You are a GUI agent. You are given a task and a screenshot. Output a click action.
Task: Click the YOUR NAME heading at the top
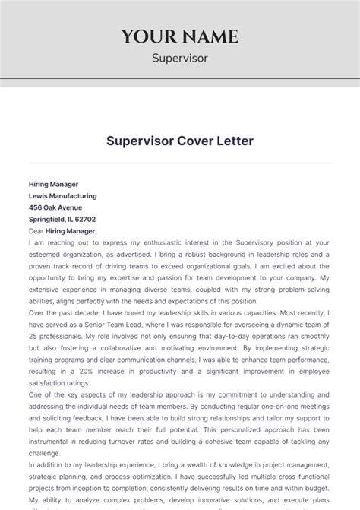(x=179, y=36)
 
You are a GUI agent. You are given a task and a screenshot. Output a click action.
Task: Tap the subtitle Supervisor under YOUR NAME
(x=179, y=57)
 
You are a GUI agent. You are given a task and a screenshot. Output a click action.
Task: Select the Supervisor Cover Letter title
(x=180, y=141)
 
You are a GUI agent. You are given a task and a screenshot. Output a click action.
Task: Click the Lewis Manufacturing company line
(x=62, y=195)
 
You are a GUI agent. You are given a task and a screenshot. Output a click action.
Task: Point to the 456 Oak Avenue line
(x=55, y=207)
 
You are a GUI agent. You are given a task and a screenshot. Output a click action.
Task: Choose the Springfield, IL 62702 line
(x=64, y=219)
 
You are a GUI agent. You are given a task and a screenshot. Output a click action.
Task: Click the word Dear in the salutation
(x=36, y=231)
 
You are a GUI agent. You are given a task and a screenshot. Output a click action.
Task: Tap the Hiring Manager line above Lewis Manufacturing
(x=53, y=184)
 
